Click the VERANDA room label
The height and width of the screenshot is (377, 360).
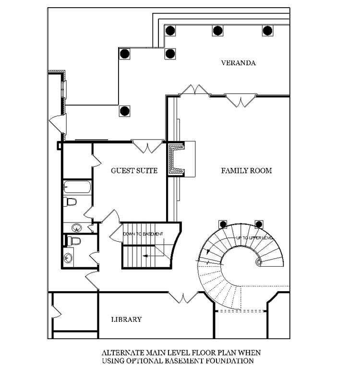pos(238,63)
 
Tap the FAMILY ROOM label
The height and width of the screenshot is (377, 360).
pos(246,171)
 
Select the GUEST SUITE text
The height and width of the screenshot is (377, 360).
pos(134,171)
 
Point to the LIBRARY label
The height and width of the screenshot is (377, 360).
pos(126,319)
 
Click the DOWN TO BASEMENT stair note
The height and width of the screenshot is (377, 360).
pos(143,234)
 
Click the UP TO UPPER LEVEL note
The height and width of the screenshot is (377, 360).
pos(254,238)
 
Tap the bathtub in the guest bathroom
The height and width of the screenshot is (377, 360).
pos(77,187)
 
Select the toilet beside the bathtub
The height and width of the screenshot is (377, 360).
pos(70,202)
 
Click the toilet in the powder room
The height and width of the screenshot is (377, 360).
pos(73,241)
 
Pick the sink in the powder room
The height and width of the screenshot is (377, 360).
pos(68,258)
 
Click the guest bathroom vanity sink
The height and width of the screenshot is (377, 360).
pos(77,227)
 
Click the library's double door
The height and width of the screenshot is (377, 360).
pos(183,297)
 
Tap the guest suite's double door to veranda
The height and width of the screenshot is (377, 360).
pos(148,146)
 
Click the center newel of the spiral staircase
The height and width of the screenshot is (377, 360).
pos(259,262)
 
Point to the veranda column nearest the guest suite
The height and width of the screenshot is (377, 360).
pos(125,111)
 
